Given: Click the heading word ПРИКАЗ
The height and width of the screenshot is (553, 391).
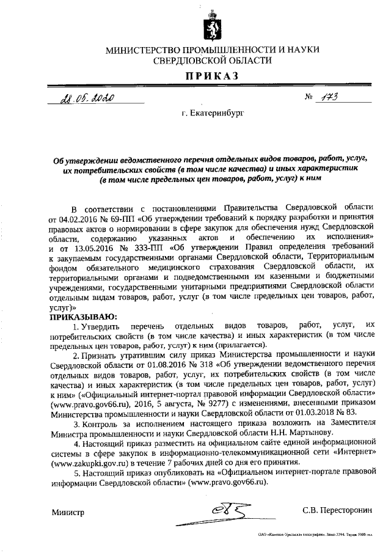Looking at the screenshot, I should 212,75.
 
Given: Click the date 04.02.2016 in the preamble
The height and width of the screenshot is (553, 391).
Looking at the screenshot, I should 75,218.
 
